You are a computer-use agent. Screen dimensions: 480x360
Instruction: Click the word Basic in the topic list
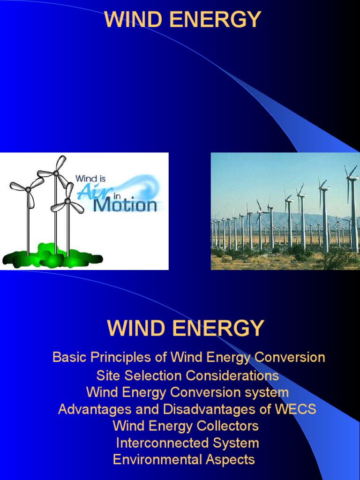(67, 358)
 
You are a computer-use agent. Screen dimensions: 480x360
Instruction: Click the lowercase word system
(267, 392)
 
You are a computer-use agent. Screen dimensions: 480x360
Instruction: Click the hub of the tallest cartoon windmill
(56, 173)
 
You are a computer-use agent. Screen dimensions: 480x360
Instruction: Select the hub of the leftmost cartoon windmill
(28, 189)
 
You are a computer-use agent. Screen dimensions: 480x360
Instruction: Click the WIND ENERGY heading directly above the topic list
(186, 328)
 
